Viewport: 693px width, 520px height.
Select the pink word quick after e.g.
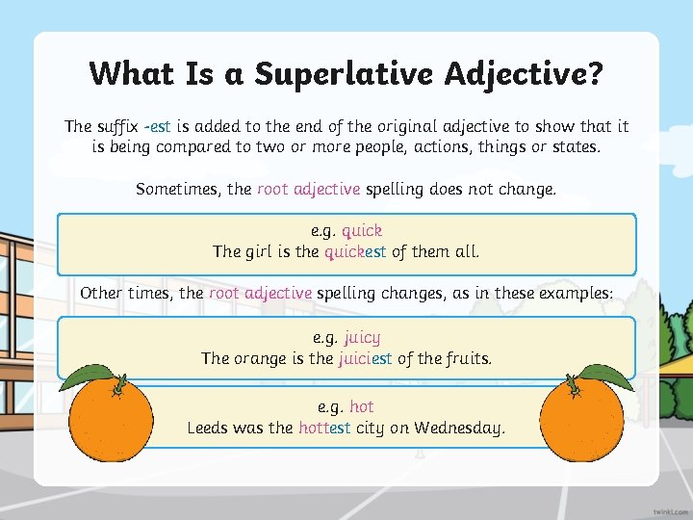[x=362, y=231]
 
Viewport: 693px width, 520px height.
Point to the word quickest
[x=355, y=252]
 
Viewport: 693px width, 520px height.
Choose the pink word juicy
[x=362, y=338]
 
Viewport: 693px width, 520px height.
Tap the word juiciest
[x=366, y=359]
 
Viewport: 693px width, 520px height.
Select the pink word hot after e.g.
[x=362, y=407]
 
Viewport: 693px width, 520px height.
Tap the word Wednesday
[x=459, y=429]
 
